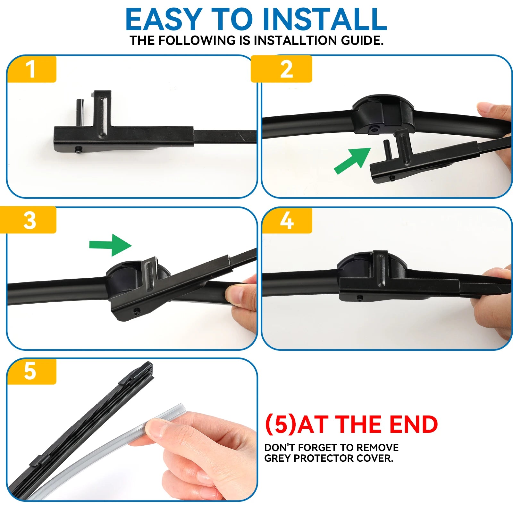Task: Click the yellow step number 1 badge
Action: (31, 69)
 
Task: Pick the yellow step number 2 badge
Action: (282, 69)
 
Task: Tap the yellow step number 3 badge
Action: (28, 220)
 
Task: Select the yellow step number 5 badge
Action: (31, 371)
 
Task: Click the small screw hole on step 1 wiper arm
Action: (78, 149)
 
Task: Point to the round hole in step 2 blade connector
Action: (373, 130)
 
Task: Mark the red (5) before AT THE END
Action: (281, 425)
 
